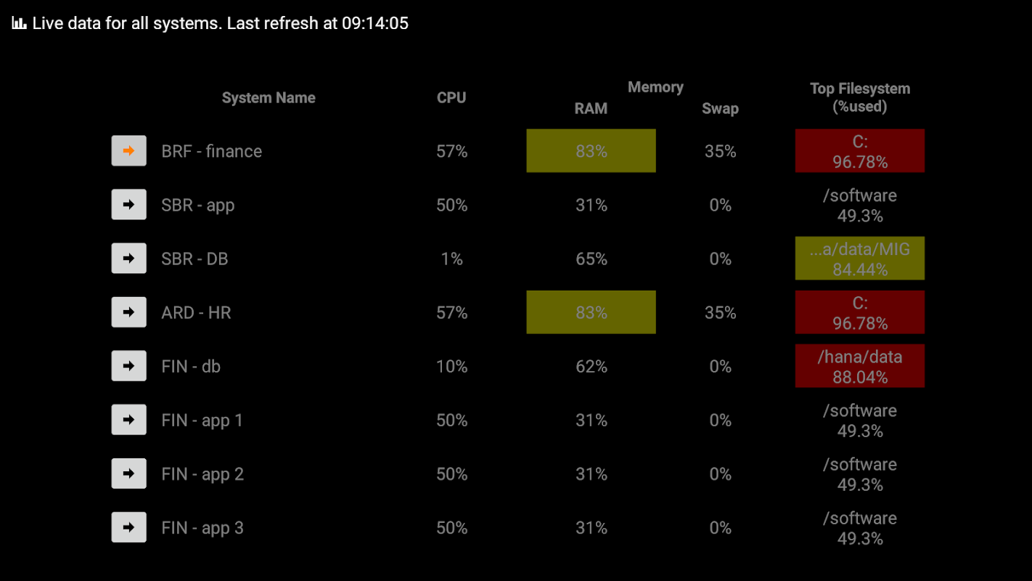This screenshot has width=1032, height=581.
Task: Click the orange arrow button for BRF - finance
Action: [x=128, y=151]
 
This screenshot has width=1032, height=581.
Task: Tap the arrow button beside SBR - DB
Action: [x=128, y=259]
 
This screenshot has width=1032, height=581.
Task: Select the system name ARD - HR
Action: [x=196, y=313]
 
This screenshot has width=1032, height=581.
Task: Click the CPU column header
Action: [x=451, y=97]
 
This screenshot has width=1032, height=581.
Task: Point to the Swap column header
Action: [x=720, y=109]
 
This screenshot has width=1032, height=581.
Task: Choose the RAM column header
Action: [x=591, y=109]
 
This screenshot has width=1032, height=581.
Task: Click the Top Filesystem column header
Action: [x=860, y=97]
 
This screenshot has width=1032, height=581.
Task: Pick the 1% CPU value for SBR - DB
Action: [x=451, y=259]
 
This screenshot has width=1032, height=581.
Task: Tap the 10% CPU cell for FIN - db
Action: [x=451, y=367]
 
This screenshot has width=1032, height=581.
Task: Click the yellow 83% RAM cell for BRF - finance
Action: [x=591, y=151]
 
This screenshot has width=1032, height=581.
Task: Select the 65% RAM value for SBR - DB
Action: [x=591, y=259]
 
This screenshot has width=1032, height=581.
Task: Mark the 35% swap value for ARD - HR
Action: [x=720, y=313]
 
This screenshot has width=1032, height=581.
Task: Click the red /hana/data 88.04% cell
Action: [x=860, y=366]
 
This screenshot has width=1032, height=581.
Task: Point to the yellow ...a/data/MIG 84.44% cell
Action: [x=860, y=259]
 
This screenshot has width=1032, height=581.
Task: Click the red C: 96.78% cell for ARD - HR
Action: [x=860, y=312]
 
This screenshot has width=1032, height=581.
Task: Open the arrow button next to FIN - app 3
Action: [x=128, y=527]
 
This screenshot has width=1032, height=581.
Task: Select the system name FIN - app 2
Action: [x=202, y=474]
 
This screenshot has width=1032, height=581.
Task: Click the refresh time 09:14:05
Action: [x=375, y=23]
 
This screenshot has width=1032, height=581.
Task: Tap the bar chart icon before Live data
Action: [x=19, y=23]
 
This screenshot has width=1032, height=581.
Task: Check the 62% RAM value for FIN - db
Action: [x=591, y=367]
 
